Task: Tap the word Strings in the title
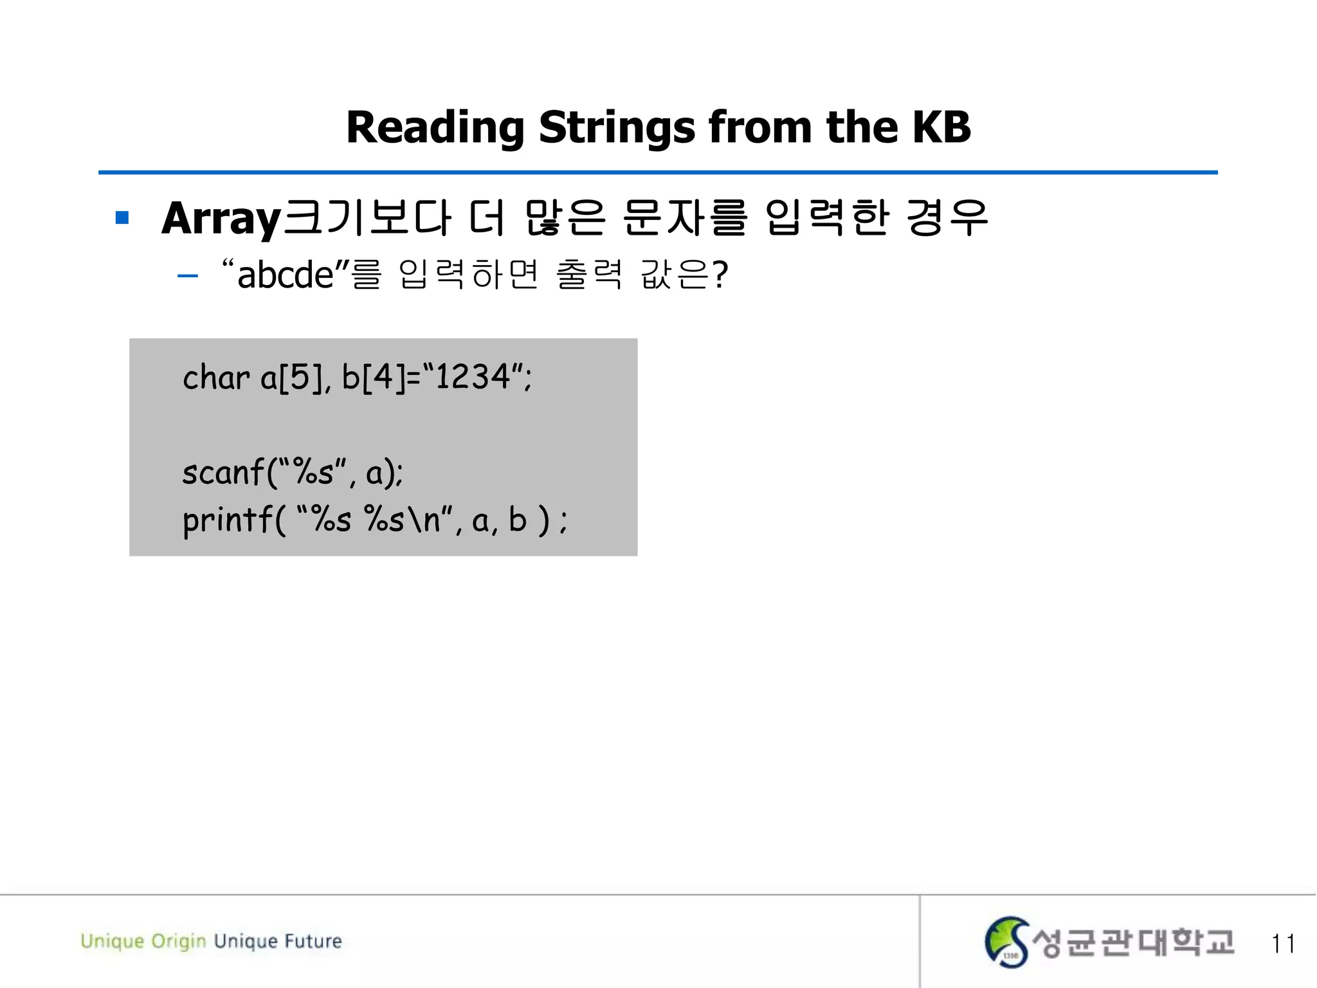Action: [617, 127]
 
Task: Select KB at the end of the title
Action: [941, 127]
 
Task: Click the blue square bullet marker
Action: [122, 218]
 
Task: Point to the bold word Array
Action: [221, 219]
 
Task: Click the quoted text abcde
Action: [285, 275]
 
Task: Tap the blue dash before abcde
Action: [187, 277]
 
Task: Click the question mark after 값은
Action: [720, 275]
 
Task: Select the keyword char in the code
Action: [215, 377]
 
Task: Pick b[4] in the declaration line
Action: [374, 377]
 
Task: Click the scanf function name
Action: [223, 473]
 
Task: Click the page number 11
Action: [1282, 944]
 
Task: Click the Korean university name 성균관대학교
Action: [1133, 942]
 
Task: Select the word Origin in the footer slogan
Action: [179, 942]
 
